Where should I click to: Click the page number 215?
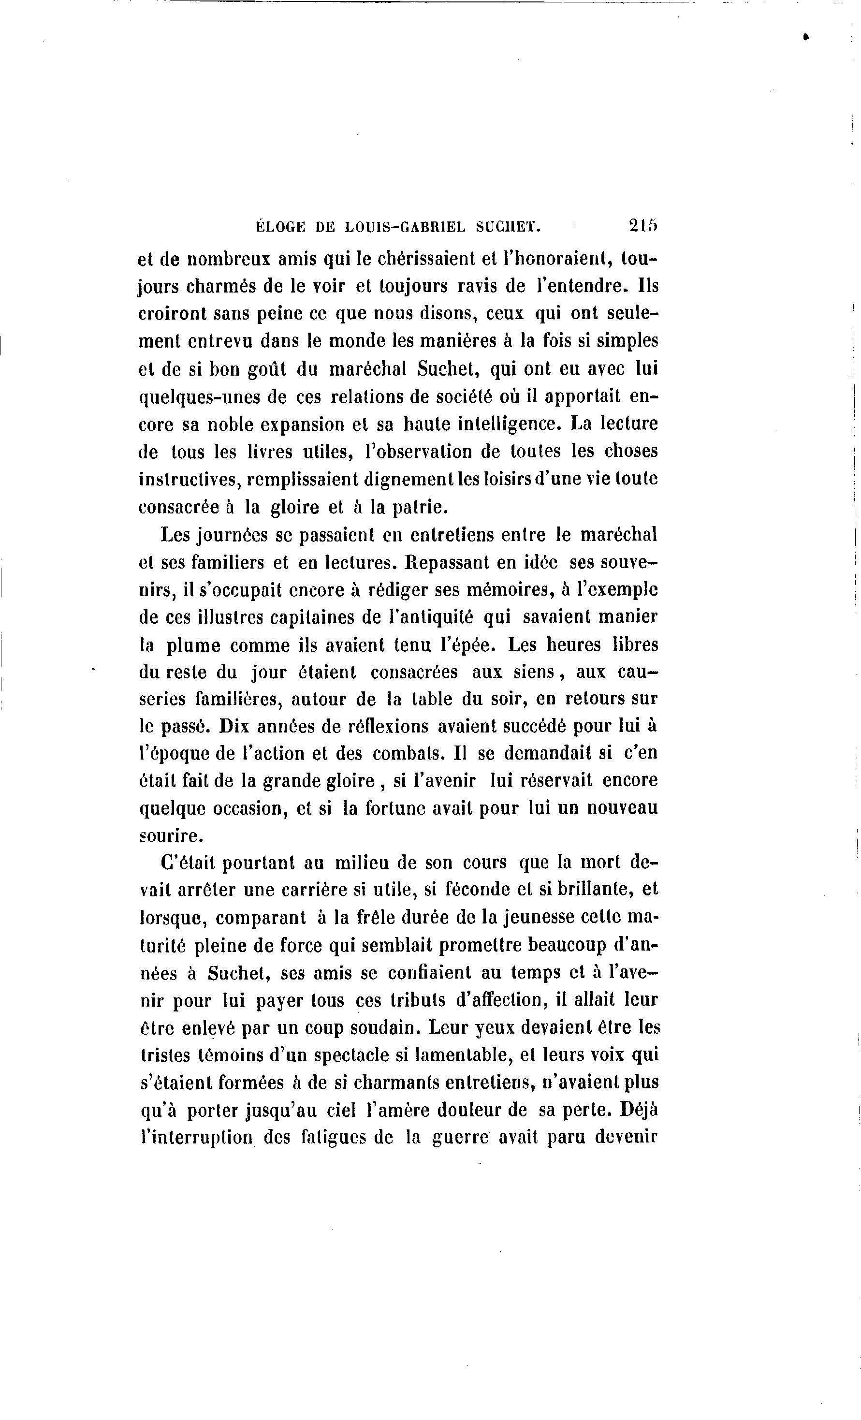coord(643,226)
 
